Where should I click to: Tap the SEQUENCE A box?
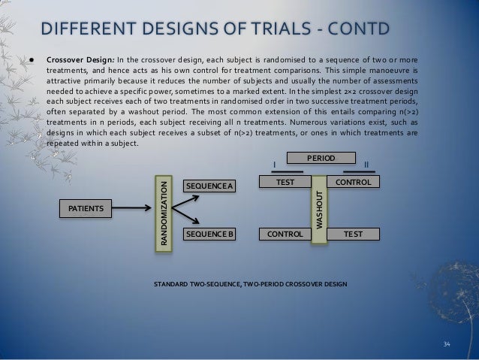tap(209, 186)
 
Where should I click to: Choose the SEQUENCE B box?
tap(209, 234)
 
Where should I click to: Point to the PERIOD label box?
tap(321, 158)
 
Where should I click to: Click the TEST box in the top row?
tap(285, 182)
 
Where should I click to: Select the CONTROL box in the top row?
tap(356, 182)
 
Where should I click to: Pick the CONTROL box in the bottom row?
tap(285, 234)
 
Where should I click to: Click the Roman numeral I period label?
tap(275, 165)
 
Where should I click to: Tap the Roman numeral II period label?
tap(366, 165)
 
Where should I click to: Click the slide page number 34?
tap(447, 344)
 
